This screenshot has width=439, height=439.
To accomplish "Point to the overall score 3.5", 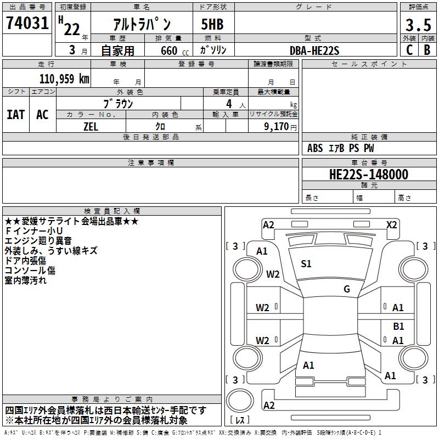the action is (x=418, y=25).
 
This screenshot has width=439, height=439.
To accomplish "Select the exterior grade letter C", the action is (x=409, y=49).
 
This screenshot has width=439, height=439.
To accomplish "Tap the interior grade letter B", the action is (x=427, y=49).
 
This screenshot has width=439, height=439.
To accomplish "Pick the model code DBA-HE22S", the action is (x=314, y=50).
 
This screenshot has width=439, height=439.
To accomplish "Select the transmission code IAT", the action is (x=15, y=115).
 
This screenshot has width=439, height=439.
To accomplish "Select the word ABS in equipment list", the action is (x=315, y=148).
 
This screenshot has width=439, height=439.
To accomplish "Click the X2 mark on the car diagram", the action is (x=392, y=224).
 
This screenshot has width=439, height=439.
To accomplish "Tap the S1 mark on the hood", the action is (x=306, y=264).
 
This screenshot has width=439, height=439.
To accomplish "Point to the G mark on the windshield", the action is (x=347, y=289).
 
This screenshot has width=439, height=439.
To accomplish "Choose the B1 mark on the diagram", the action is (x=398, y=326).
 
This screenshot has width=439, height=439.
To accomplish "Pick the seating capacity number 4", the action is (x=228, y=103).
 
